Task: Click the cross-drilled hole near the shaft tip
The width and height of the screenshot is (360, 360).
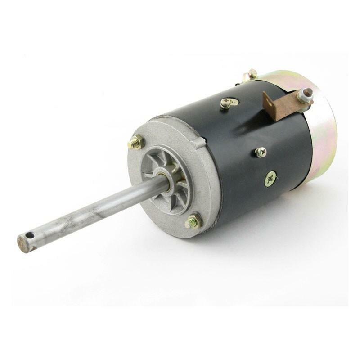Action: (x=30, y=235)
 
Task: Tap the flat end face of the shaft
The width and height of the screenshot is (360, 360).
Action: (x=22, y=243)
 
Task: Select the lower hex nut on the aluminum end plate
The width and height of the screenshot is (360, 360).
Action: (x=194, y=221)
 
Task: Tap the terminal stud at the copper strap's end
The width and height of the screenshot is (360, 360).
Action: (x=308, y=93)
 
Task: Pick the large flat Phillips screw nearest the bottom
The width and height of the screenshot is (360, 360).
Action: (x=270, y=179)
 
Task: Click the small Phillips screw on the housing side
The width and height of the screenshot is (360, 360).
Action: (x=261, y=153)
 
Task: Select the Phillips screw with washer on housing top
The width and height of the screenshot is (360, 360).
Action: (x=226, y=103)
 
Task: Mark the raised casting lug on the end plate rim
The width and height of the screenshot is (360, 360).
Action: (x=198, y=144)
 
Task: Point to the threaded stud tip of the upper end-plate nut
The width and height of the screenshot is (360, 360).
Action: (x=131, y=144)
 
